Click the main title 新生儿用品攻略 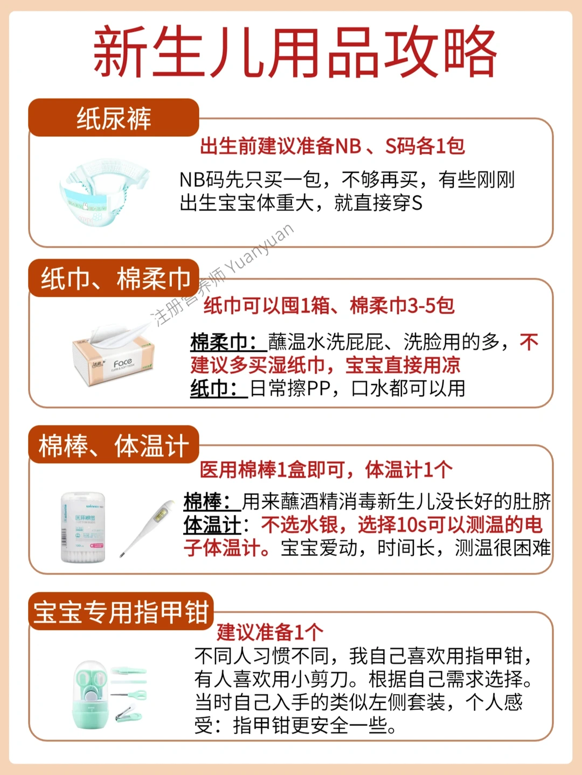[x=295, y=52]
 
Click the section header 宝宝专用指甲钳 [x=121, y=611]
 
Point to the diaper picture [x=105, y=192]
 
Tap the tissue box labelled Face [x=114, y=356]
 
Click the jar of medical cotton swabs [x=84, y=527]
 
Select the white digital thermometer [x=147, y=528]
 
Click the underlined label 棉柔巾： [x=228, y=342]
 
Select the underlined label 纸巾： [x=219, y=388]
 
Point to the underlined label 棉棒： [x=212, y=501]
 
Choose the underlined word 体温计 [x=212, y=526]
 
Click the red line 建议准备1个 [x=270, y=632]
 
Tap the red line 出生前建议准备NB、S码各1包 [x=332, y=146]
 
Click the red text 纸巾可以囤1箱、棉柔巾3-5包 [x=329, y=305]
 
